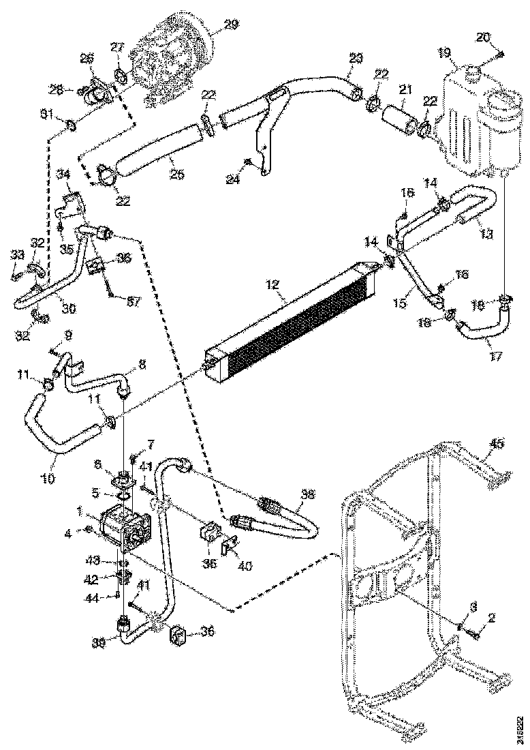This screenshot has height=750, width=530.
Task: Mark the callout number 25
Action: click(x=176, y=175)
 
